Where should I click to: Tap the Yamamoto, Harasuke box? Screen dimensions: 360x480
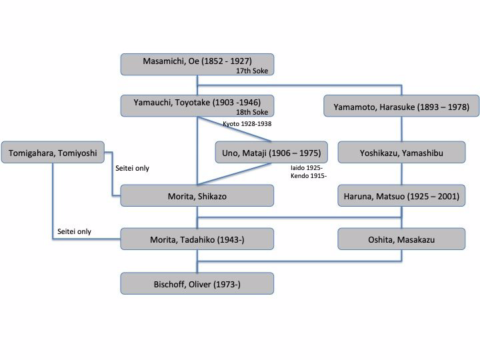point(401,106)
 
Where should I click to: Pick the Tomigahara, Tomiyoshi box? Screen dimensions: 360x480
point(53,153)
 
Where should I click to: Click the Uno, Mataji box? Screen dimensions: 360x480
point(273,153)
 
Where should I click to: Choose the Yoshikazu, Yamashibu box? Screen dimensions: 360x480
point(401,153)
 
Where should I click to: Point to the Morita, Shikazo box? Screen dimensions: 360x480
point(197,196)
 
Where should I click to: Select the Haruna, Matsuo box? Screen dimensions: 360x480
point(401,196)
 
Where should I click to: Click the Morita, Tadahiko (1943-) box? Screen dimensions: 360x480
point(197,239)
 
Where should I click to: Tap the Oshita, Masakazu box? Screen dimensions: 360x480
point(401,239)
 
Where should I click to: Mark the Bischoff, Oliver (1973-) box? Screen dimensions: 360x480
point(197,283)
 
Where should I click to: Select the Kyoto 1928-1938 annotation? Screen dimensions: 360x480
point(246,124)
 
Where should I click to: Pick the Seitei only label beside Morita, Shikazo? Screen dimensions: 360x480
point(132,169)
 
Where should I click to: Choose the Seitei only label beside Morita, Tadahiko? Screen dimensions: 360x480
point(74,232)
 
